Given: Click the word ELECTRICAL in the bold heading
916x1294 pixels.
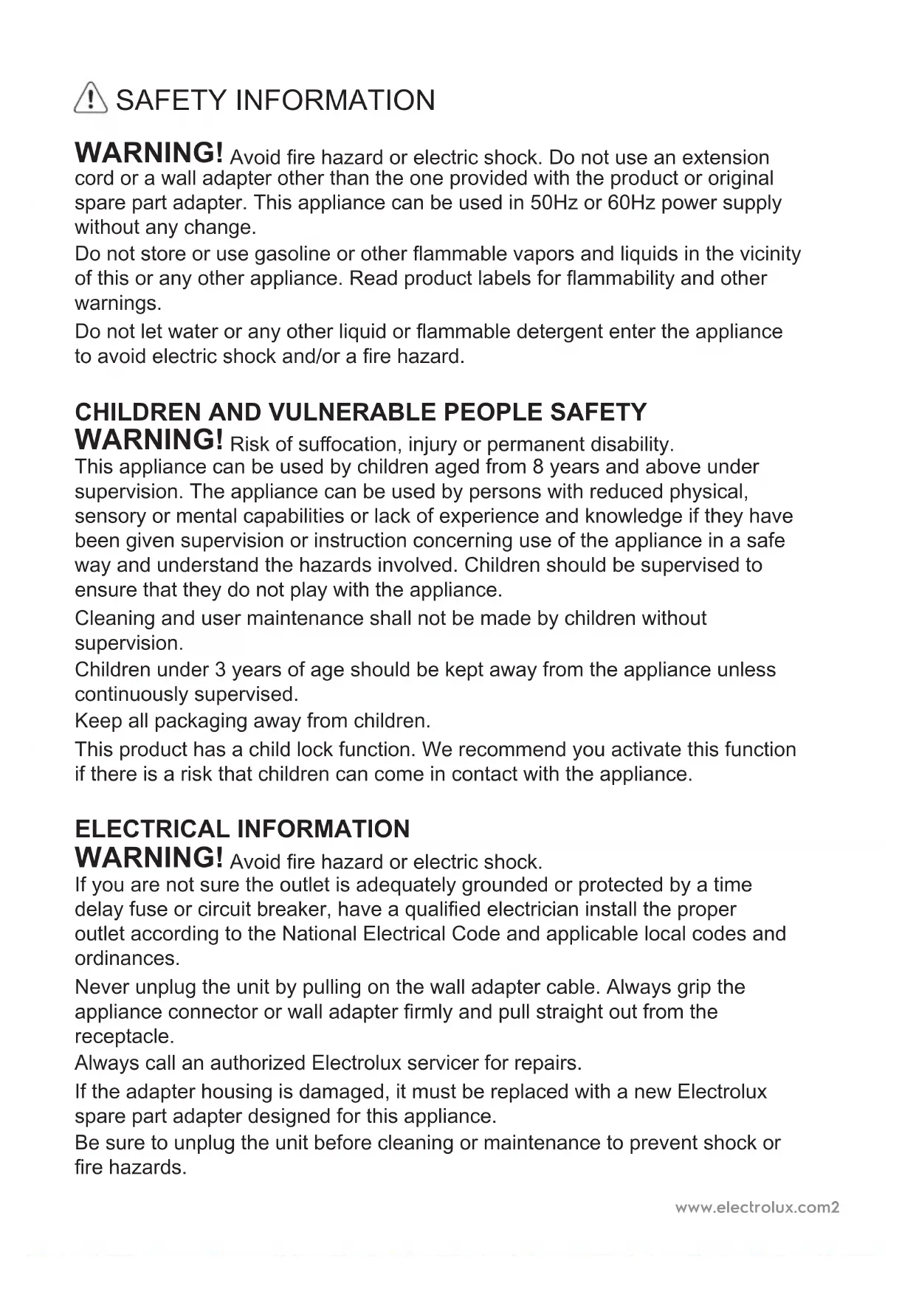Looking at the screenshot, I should [x=152, y=828].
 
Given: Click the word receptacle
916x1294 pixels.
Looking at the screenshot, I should [x=124, y=1037].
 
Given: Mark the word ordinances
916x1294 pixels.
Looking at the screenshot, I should [x=127, y=959].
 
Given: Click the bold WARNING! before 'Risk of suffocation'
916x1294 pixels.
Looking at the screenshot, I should [x=149, y=440].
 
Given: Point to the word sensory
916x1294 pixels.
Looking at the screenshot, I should [x=110, y=516].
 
